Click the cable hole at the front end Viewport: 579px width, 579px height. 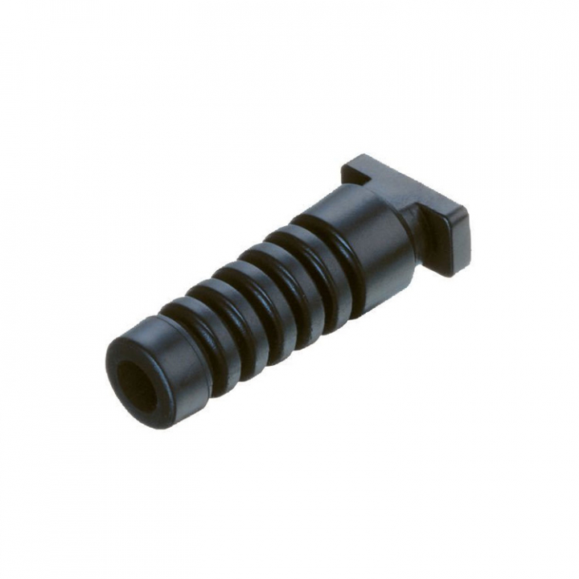coord(138,384)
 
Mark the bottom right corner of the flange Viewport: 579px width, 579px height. coord(455,270)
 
